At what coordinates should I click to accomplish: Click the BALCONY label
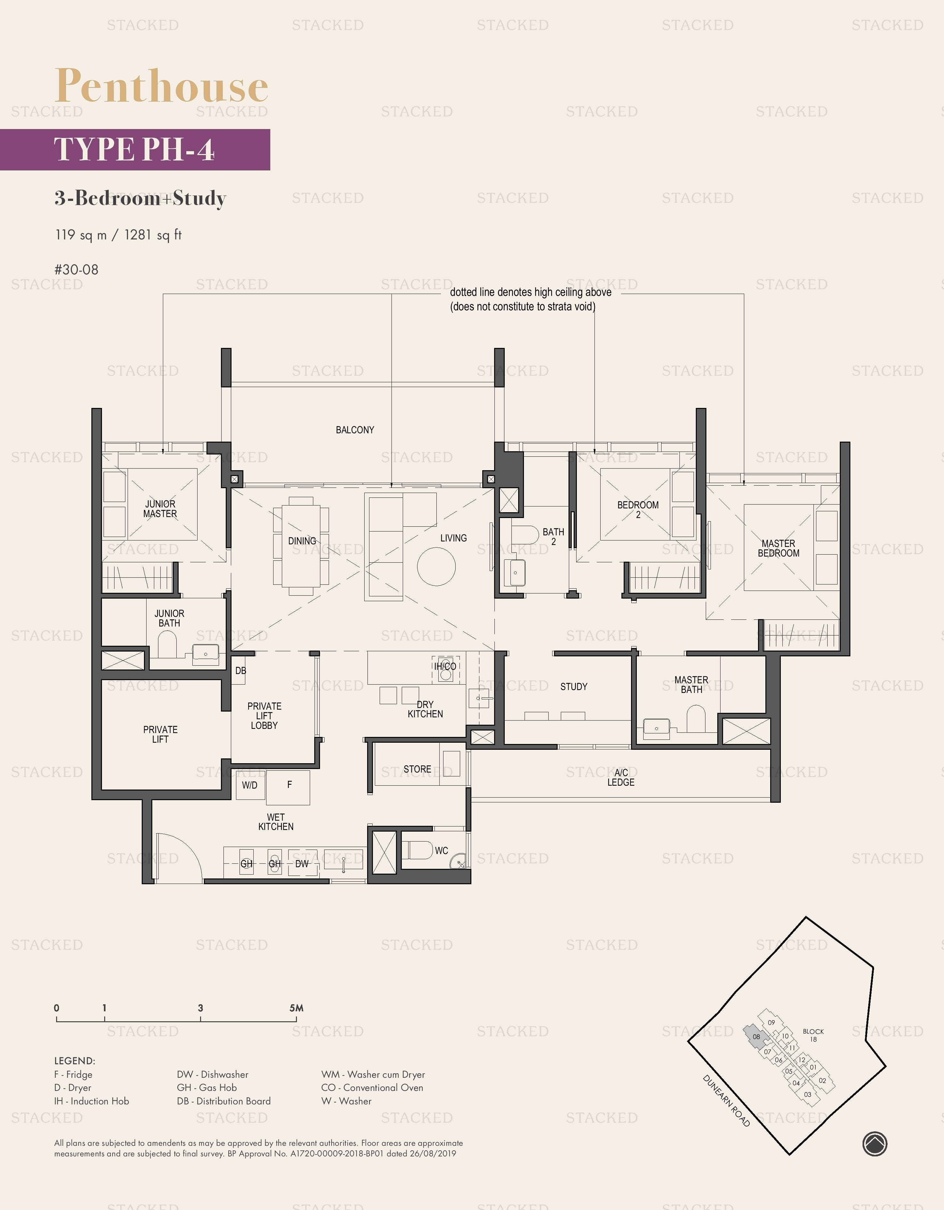coord(355,430)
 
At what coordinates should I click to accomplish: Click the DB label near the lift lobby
coord(240,670)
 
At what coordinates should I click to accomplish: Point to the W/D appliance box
coord(250,785)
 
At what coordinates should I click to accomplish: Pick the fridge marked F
coord(289,785)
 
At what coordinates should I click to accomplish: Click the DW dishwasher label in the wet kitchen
coord(302,864)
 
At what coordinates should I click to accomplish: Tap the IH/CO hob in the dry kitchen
coord(445,667)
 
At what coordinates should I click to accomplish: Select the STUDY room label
coord(574,687)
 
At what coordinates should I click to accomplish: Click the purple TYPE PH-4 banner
coord(135,150)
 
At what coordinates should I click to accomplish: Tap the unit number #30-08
coord(76,270)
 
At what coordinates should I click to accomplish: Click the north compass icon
coord(875,1144)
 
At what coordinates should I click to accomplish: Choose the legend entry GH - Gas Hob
coord(206,1088)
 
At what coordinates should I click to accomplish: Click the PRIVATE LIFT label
coord(160,734)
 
